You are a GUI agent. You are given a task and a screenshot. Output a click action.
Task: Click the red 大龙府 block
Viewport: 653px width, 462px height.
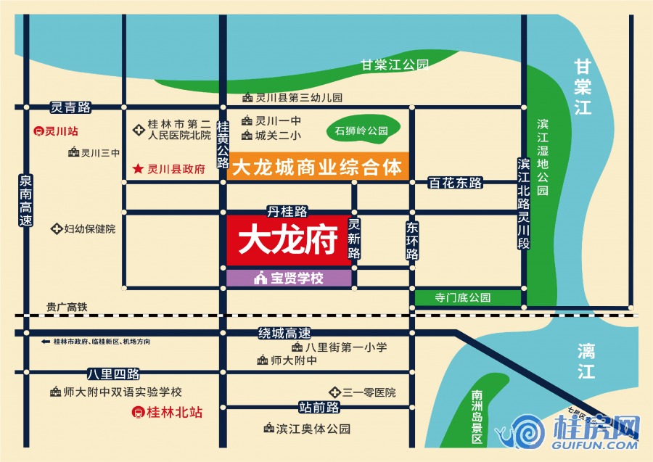point(285,239)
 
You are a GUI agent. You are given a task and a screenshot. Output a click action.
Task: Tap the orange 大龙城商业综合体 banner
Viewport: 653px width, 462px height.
point(318,167)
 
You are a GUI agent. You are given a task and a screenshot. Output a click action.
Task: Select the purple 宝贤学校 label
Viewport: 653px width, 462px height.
point(289,277)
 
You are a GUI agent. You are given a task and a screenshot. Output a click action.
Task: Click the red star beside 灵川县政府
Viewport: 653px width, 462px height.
point(137,169)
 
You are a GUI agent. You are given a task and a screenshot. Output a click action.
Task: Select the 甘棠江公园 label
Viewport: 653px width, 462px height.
point(395,65)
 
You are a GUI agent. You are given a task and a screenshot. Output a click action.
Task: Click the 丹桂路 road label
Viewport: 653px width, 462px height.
point(287,212)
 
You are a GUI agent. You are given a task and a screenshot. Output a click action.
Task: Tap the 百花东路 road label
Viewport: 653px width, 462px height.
point(456,183)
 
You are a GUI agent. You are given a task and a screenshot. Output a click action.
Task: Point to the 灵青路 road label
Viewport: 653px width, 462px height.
point(70,107)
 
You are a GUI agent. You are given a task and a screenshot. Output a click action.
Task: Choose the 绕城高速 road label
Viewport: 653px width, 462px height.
point(284,334)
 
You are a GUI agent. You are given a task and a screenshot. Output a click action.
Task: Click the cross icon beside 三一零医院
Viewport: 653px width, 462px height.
point(335,392)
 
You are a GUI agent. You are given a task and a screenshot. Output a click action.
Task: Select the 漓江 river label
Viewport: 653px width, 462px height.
point(586,361)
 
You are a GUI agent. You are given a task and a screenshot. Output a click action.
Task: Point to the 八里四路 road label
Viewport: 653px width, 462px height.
point(113,374)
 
